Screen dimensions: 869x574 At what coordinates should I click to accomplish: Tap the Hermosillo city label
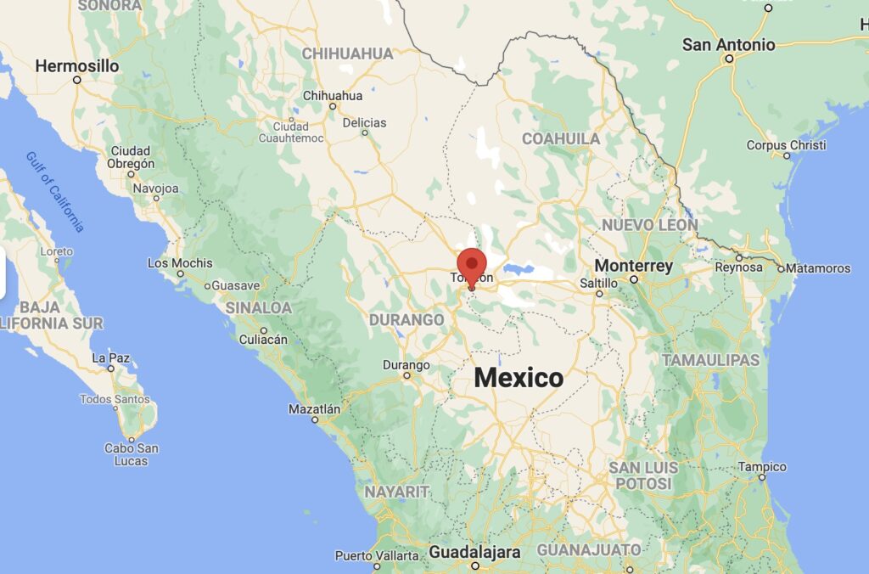(x=77, y=65)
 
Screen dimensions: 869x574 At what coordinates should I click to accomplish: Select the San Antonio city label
(x=729, y=44)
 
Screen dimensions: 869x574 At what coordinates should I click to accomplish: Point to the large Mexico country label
(x=518, y=378)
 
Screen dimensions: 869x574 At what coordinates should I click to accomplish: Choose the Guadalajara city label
(x=474, y=552)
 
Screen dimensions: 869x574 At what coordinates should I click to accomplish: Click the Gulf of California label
(x=56, y=192)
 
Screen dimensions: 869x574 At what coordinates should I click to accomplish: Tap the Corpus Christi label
(x=786, y=145)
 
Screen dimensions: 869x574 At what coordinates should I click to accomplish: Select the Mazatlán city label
(x=314, y=409)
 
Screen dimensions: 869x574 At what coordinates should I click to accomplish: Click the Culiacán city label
(x=262, y=340)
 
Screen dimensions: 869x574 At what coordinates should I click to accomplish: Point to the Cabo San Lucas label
(x=131, y=454)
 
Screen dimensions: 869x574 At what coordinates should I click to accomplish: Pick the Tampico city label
(x=762, y=467)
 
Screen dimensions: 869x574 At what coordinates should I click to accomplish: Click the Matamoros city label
(x=817, y=268)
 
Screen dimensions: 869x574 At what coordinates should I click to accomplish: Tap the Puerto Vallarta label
(x=377, y=556)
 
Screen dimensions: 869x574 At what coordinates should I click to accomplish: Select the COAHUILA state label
(x=561, y=138)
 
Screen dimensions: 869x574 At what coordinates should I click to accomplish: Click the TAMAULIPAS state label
(x=711, y=360)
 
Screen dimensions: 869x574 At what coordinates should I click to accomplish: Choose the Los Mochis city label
(x=180, y=263)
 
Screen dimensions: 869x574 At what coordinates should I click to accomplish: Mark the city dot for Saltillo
(x=599, y=294)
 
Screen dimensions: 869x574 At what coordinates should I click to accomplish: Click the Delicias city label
(x=364, y=123)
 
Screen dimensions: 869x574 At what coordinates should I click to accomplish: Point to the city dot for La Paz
(x=110, y=369)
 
